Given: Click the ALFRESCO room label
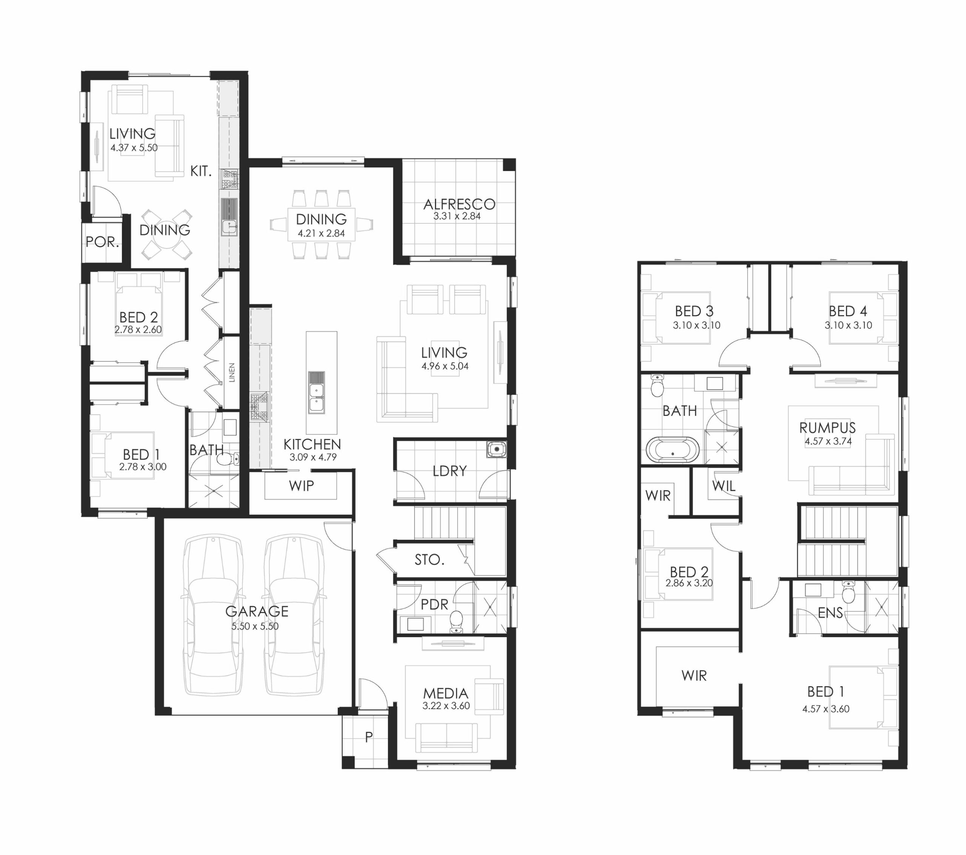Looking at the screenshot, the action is click(459, 204).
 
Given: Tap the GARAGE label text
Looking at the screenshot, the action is click(257, 612).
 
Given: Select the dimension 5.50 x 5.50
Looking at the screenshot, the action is click(255, 626).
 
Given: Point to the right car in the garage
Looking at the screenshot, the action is click(294, 615).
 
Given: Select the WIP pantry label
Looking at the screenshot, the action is click(301, 486).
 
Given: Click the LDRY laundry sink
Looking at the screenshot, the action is click(496, 449).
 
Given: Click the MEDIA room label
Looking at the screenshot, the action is click(445, 694).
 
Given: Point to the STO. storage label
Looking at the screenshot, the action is click(429, 560).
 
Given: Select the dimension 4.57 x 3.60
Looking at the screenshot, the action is click(826, 709).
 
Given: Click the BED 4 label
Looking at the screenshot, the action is click(848, 311).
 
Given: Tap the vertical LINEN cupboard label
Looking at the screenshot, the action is click(232, 373).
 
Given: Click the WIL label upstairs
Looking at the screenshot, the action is click(723, 486).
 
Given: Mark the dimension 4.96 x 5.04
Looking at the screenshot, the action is click(445, 366).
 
